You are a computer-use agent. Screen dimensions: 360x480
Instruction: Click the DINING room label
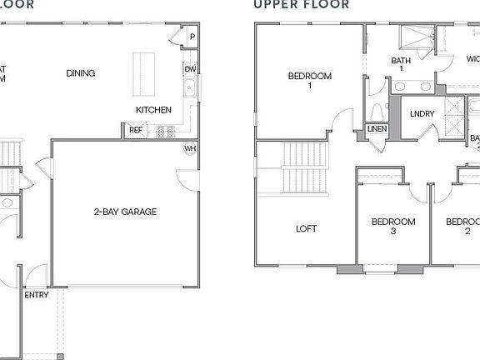[x=80, y=73]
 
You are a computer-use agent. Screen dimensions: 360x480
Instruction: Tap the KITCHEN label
[x=154, y=110]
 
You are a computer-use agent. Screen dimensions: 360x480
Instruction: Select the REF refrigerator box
[x=135, y=130]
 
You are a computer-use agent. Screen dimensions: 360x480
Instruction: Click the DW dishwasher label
[x=190, y=69]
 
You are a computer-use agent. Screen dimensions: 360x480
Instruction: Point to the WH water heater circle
[x=190, y=148]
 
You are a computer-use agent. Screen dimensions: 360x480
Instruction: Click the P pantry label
[x=192, y=37]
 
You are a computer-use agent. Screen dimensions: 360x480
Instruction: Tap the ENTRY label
[x=36, y=295]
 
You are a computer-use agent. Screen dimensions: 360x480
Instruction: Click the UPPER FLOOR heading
[x=302, y=4]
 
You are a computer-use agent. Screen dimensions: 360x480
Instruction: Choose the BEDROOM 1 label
[x=310, y=81]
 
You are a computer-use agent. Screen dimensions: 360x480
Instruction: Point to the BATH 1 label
[x=402, y=64]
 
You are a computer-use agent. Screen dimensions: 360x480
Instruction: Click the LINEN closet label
[x=377, y=129]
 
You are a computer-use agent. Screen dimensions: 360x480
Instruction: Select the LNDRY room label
[x=422, y=112]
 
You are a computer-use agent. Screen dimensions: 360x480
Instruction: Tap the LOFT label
[x=307, y=228]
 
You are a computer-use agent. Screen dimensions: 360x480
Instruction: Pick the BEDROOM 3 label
[x=393, y=227]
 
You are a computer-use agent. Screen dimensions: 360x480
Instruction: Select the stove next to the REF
[x=162, y=130]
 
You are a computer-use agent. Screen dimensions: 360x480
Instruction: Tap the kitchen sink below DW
[x=190, y=87]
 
